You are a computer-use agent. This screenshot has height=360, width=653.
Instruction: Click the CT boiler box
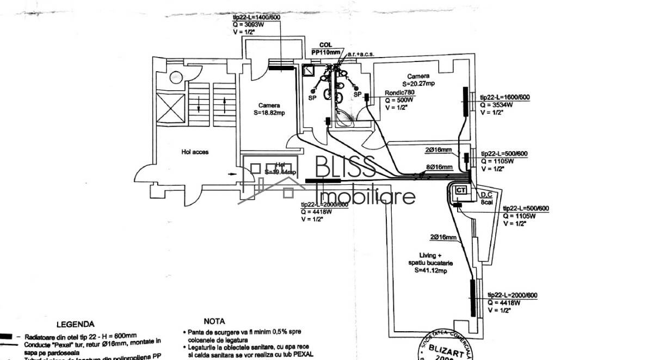click(460, 190)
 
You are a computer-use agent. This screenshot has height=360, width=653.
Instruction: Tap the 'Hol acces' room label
click(195, 152)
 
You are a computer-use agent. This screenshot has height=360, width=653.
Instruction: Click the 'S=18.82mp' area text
click(269, 113)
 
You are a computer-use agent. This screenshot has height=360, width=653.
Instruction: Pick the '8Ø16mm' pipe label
click(439, 167)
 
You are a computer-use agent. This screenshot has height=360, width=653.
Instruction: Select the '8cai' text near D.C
click(486, 202)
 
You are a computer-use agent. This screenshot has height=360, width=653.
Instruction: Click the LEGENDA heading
click(75, 324)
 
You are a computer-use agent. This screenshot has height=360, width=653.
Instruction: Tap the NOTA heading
click(214, 321)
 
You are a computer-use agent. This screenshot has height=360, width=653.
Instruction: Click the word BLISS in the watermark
click(345, 167)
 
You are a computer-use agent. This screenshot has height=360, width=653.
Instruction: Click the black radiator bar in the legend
click(5, 336)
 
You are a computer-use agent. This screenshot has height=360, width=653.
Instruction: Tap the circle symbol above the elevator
click(175, 78)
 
